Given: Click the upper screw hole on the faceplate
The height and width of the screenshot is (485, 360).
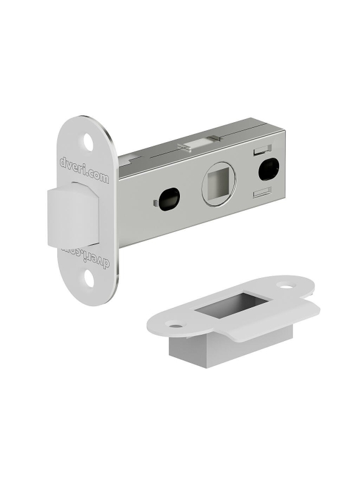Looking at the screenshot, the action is (x=88, y=142).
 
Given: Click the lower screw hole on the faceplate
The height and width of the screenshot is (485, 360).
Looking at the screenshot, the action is (x=88, y=277).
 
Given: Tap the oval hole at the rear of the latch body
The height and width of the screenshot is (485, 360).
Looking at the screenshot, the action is (x=268, y=169).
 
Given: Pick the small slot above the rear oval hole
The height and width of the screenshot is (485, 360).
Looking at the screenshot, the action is (x=262, y=149).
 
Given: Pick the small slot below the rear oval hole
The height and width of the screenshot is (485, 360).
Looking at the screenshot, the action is (x=262, y=192).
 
